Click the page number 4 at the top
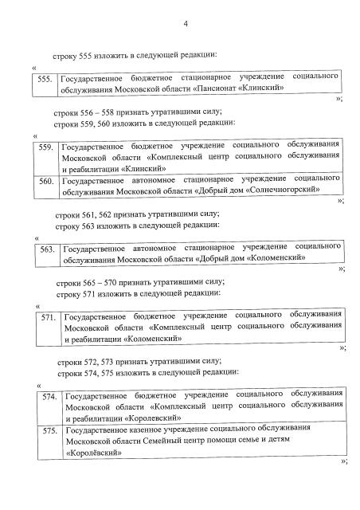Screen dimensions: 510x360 coord(184,24)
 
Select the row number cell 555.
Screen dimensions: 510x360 coord(45,79)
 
